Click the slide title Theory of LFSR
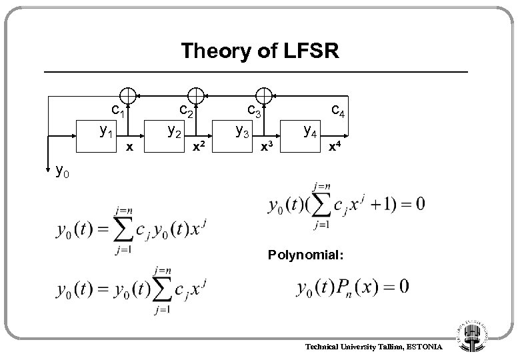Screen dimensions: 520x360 [259, 51]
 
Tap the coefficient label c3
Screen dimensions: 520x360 [252, 108]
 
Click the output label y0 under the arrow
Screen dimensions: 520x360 [63, 172]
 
